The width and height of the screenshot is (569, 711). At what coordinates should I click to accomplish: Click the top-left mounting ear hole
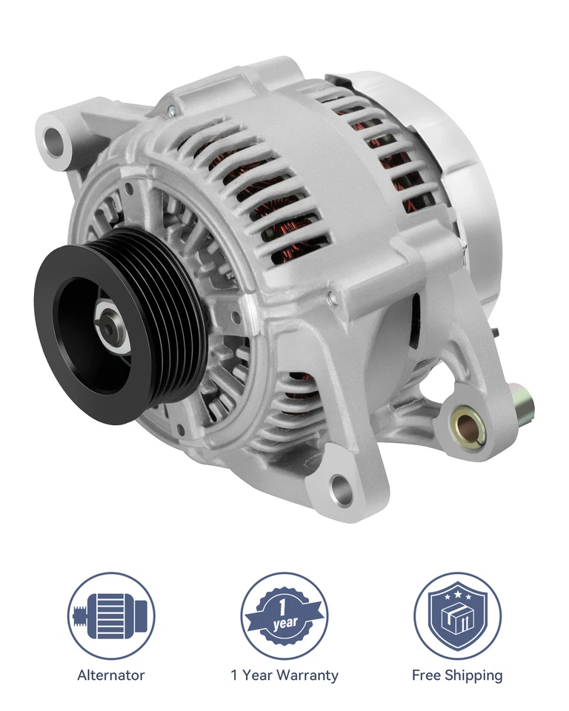point(55,138)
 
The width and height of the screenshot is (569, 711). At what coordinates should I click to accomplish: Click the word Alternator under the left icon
point(111,675)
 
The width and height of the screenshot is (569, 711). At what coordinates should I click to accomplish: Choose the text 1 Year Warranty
point(284,675)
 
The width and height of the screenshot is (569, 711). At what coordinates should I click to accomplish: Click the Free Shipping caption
point(457,675)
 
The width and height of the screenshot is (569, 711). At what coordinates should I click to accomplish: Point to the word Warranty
point(309,675)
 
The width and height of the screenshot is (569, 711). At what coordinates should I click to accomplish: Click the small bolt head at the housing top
point(172,110)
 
